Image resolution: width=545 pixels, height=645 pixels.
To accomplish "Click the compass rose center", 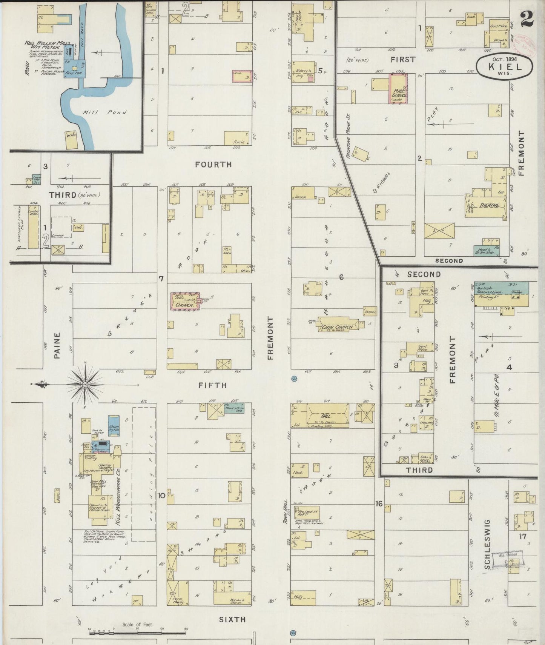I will point(85,384).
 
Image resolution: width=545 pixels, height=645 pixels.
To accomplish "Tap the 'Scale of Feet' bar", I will point(138,633).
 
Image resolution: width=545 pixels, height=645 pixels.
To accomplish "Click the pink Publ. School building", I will point(399,89).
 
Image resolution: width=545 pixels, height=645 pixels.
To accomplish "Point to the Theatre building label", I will point(490,206).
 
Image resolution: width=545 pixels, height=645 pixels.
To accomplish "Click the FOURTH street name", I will point(213,165).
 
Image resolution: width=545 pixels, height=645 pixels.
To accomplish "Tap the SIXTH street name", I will point(232,619).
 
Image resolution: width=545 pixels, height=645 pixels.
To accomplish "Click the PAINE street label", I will point(57,345).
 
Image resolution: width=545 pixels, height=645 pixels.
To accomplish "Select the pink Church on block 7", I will point(185,302).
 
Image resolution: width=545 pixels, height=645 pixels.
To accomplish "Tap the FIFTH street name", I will point(213,385).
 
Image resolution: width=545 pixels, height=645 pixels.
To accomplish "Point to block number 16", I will point(379,503).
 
